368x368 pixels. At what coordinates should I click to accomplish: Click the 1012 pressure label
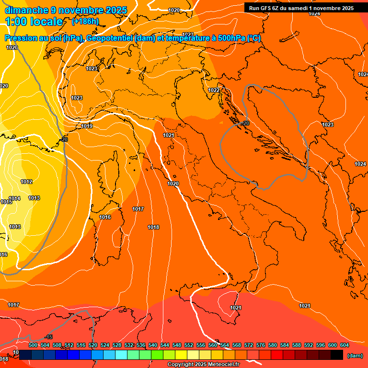click(x=26, y=182)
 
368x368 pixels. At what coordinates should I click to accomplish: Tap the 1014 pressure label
click(x=14, y=198)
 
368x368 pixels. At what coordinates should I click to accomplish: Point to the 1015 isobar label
click(x=6, y=202)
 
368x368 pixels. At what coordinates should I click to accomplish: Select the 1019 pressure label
click(x=87, y=126)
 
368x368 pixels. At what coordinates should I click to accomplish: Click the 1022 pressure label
click(x=214, y=90)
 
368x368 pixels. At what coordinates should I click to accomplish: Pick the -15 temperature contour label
click(x=48, y=337)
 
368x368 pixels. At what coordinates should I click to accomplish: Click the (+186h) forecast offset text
click(x=85, y=22)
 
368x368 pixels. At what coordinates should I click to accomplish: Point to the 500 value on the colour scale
click(x=33, y=345)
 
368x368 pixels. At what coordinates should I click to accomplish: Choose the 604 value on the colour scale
click(x=345, y=345)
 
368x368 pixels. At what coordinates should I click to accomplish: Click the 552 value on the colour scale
click(x=189, y=345)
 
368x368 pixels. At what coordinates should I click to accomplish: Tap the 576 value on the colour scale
click(x=261, y=345)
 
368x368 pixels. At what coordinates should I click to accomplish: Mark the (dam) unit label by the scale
click(x=355, y=356)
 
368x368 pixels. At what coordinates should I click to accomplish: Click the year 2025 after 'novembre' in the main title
click(x=116, y=10)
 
